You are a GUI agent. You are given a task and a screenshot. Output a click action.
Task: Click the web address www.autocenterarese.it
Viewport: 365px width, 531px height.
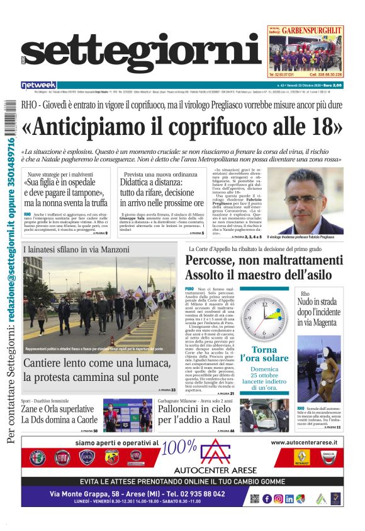(305, 443)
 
